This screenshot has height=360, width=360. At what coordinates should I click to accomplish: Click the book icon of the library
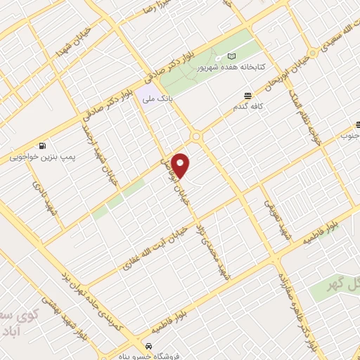pos(232,57)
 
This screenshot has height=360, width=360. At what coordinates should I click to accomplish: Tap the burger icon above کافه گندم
pos(247,96)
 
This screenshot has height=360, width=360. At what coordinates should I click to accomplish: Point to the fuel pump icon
pos(43,146)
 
